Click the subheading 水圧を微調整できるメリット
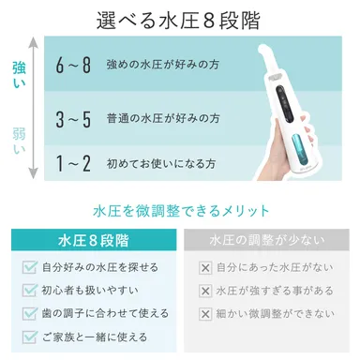click(181, 210)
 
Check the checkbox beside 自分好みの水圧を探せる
click(29, 268)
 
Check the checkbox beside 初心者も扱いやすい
click(29, 291)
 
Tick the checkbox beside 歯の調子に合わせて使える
click(29, 313)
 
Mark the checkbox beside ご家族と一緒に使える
click(29, 336)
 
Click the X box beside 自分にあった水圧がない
click(205, 268)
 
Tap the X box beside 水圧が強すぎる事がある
click(205, 291)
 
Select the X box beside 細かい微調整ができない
click(205, 313)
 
